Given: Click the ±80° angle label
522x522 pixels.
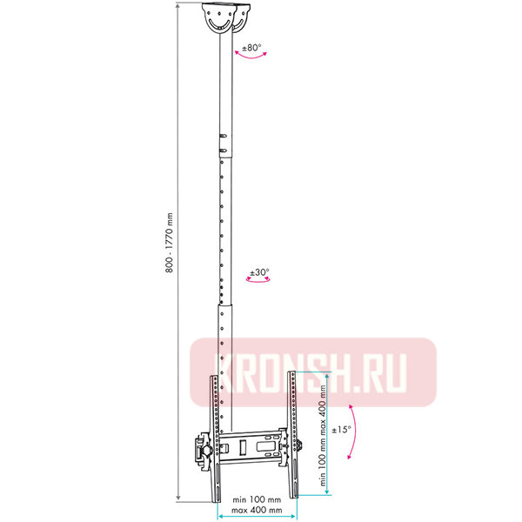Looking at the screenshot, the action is tap(251, 48).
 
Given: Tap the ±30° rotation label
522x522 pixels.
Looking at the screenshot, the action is tap(259, 272).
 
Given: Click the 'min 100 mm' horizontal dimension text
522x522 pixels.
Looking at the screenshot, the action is tap(257, 500).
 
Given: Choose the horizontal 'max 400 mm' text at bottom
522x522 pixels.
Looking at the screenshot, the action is tap(257, 510).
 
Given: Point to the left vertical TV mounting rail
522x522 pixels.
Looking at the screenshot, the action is tap(212, 435).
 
